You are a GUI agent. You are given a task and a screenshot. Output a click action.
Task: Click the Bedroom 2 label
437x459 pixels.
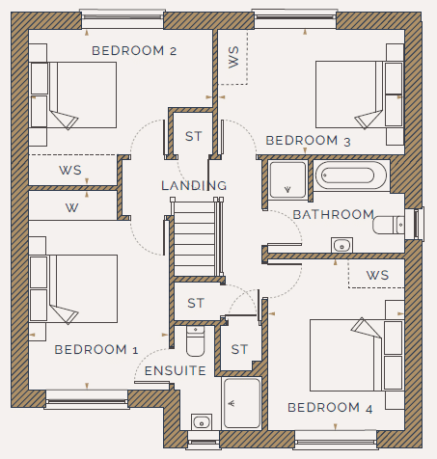pyautogui.click(x=134, y=51)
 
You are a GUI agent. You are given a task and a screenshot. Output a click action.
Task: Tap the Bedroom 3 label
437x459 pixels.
pyautogui.click(x=308, y=141)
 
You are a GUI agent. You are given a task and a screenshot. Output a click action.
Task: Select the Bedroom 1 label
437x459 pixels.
pyautogui.click(x=96, y=350)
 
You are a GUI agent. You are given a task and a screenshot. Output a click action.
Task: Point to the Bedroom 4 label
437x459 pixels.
pyautogui.click(x=330, y=408)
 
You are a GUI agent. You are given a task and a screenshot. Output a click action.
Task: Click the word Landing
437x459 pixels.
pyautogui.click(x=194, y=185)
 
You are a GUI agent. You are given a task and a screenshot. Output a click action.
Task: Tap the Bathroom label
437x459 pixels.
pyautogui.click(x=334, y=214)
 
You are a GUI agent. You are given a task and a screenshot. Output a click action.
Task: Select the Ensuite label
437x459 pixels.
pyautogui.click(x=176, y=371)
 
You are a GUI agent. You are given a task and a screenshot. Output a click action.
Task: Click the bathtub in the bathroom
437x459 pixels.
pyautogui.click(x=351, y=175)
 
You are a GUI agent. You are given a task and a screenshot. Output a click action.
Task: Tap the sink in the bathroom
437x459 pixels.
pyautogui.click(x=341, y=245)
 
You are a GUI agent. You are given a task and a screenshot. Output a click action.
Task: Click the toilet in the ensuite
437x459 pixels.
pyautogui.click(x=195, y=341)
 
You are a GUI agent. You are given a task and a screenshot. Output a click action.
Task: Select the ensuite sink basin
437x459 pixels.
pyautogui.click(x=202, y=422)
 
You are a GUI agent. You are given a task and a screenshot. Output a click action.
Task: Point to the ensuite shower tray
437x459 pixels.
pyautogui.click(x=242, y=403)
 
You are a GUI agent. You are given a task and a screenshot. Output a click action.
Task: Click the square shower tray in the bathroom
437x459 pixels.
pyautogui.click(x=287, y=180)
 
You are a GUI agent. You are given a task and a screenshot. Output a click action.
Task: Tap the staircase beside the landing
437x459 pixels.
pyautogui.click(x=195, y=237)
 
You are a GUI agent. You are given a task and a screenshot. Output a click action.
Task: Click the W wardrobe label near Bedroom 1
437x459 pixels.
pyautogui.click(x=71, y=208)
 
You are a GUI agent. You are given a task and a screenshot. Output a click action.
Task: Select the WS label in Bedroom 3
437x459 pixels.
pyautogui.click(x=233, y=57)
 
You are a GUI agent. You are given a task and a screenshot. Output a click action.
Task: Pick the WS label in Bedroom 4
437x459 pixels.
pyautogui.click(x=377, y=276)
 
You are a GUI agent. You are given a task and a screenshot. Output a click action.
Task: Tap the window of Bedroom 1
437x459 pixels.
pyautogui.click(x=87, y=400)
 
